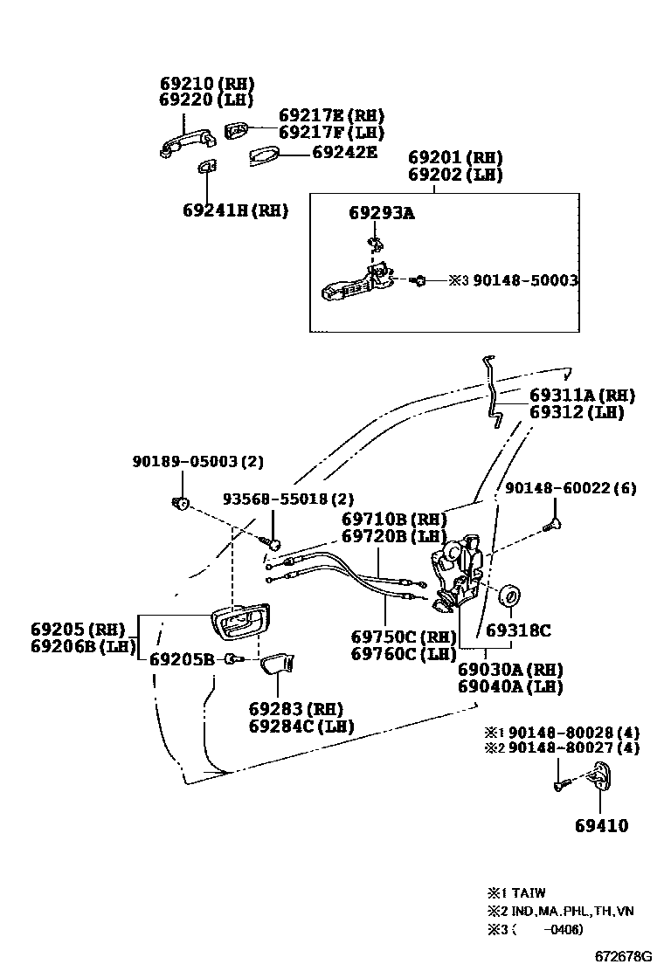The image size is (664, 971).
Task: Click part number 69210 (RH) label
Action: [x=206, y=84]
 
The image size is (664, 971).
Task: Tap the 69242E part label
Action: [x=344, y=152]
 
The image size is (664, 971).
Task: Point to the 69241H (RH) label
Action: [x=235, y=210]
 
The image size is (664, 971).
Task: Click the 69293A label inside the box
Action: [x=381, y=212]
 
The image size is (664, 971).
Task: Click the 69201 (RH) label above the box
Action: [x=455, y=158]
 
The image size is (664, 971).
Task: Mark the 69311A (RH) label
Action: [x=582, y=396]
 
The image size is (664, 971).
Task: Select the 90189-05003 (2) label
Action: [x=197, y=461]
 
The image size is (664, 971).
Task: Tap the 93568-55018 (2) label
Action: [x=287, y=499]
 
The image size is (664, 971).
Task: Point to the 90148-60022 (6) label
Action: [x=570, y=488]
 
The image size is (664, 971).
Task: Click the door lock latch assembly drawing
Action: [x=456, y=572]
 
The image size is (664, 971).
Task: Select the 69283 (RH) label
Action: [x=295, y=708]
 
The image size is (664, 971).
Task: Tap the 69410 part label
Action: [x=601, y=825]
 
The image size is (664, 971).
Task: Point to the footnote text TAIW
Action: [x=528, y=893]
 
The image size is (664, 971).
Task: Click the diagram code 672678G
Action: [x=624, y=956]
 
